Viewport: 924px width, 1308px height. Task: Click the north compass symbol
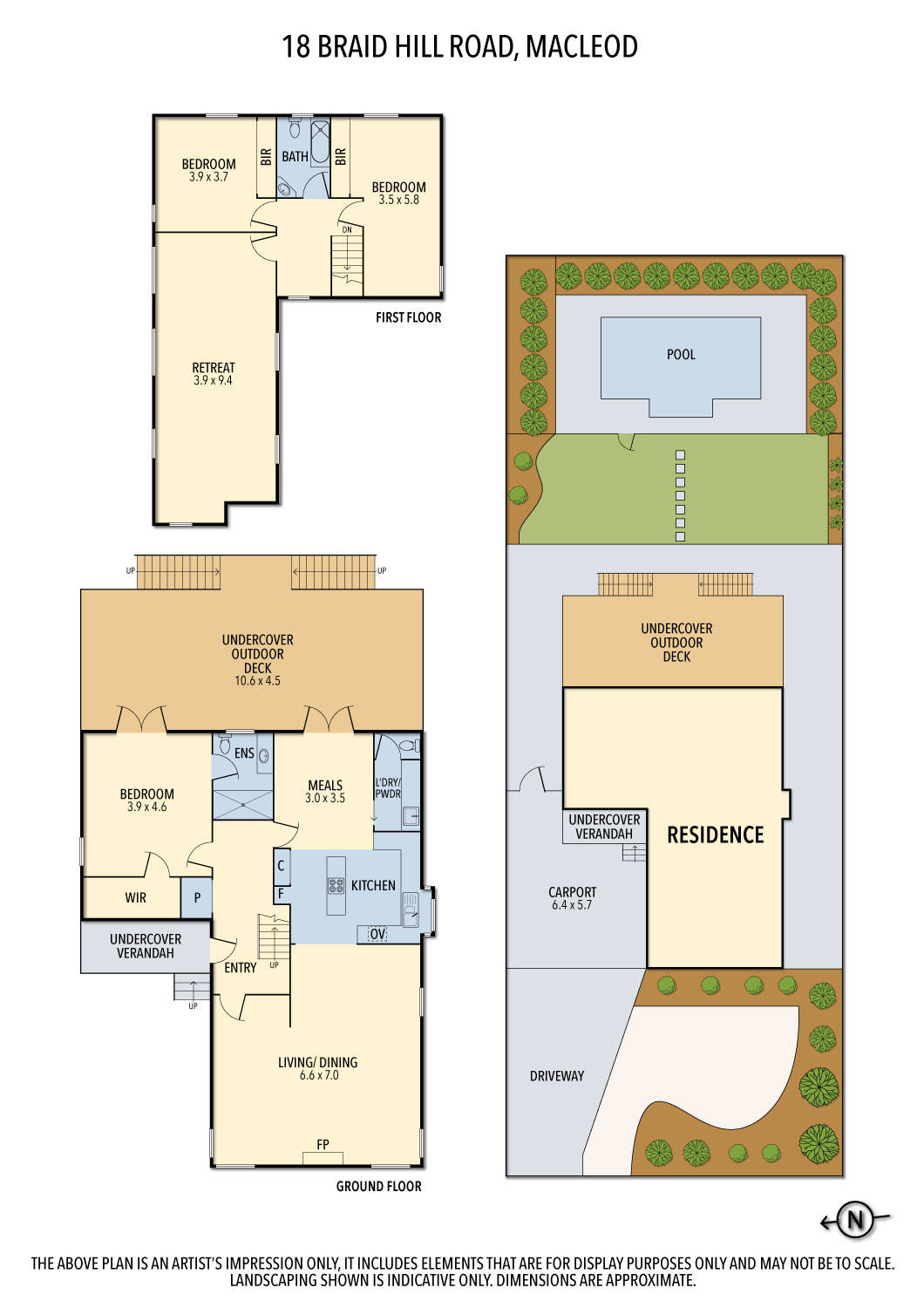point(855,1220)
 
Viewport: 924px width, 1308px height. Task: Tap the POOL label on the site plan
point(681,354)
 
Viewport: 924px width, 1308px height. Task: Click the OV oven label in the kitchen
point(377,934)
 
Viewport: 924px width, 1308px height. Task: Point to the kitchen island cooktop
point(336,886)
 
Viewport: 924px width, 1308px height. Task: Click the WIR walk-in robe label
point(135,897)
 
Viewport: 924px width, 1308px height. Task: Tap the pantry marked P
point(197,898)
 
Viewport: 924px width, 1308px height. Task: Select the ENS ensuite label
point(244,753)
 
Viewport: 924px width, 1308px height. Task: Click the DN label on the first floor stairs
point(347,229)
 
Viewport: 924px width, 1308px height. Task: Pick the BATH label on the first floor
point(295,157)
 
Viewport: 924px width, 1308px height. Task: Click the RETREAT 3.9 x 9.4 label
point(214,374)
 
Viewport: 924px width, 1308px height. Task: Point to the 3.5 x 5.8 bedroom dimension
point(398,200)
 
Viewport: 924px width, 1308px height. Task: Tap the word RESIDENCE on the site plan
point(715,835)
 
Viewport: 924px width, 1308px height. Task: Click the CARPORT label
point(572,898)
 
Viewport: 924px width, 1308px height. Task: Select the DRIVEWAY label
point(556,1076)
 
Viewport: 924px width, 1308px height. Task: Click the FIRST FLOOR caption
point(408,317)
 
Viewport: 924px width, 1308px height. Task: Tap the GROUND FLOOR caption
point(378,1186)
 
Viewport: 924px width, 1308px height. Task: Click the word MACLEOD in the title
point(581,46)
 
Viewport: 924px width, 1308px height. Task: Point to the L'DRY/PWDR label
point(388,788)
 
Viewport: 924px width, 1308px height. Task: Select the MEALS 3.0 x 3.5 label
point(325,791)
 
